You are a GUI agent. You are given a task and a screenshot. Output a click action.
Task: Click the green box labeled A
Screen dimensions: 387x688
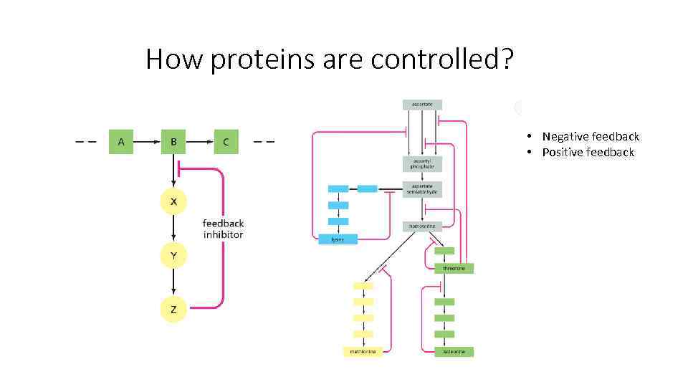pos(121,142)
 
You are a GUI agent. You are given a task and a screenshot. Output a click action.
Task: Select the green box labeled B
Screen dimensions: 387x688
pos(173,142)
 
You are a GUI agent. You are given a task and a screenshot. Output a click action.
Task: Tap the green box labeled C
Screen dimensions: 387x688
pos(226,142)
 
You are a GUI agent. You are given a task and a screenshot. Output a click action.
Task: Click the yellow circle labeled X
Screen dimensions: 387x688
pos(173,202)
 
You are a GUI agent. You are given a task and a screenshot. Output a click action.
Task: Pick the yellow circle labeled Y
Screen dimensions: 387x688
pos(173,255)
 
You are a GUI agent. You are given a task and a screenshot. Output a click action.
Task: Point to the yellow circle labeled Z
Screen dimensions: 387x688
pos(173,309)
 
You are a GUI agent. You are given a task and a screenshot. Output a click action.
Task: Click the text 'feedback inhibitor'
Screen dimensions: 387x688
pos(223,229)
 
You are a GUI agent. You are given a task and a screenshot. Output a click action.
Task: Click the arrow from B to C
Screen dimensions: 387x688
pos(199,142)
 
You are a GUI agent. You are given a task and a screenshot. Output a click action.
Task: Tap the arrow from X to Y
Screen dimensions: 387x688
pos(173,229)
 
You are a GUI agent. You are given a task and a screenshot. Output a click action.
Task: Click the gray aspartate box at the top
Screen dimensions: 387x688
pos(422,105)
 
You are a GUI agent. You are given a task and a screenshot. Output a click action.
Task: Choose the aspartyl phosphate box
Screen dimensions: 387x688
pos(422,163)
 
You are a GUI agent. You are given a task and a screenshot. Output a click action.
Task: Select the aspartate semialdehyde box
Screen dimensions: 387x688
pos(422,189)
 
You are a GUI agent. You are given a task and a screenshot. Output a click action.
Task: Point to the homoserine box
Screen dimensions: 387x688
pos(422,226)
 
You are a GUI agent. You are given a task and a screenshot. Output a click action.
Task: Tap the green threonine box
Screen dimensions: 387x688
pos(454,269)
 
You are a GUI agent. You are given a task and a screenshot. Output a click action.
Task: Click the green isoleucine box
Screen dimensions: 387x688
pos(454,352)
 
